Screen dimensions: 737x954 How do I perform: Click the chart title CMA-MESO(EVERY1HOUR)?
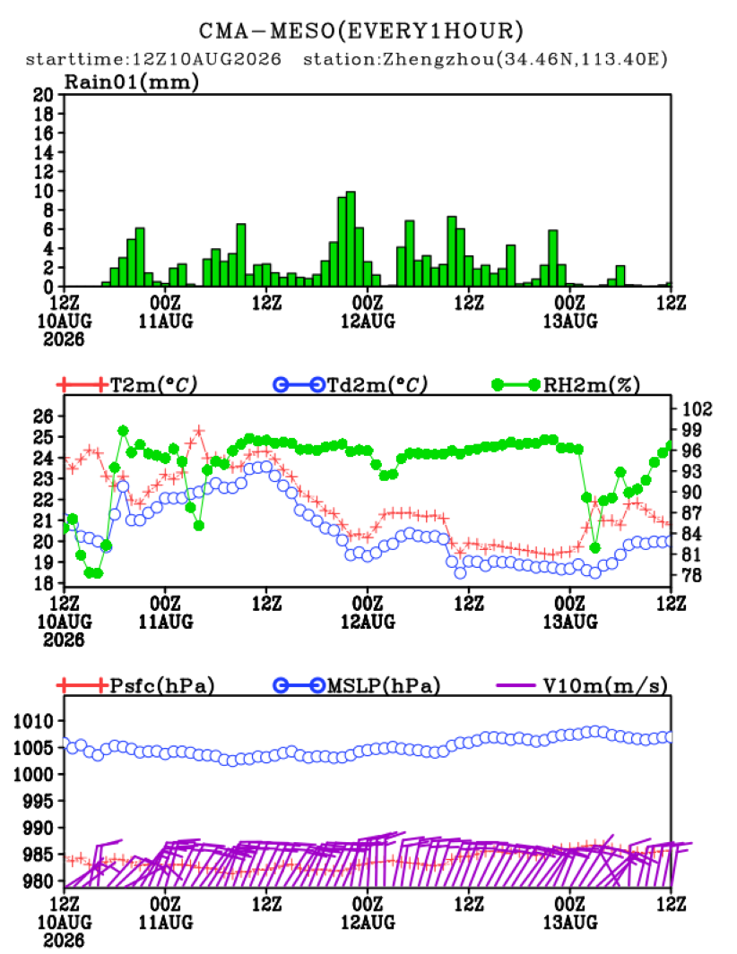[361, 30]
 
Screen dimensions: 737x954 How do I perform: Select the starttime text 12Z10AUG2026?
[206, 59]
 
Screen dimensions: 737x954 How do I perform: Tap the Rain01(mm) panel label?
[132, 82]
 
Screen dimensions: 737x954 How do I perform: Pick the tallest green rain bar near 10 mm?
[351, 239]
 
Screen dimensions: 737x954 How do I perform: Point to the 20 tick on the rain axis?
[44, 94]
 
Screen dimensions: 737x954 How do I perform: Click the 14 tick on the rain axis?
[44, 152]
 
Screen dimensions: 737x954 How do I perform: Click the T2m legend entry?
[127, 384]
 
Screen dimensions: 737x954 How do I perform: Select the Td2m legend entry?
[351, 384]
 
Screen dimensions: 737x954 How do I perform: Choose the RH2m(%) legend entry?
[566, 384]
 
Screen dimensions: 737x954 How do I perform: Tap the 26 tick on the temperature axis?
[44, 417]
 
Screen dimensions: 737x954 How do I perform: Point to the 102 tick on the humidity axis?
[697, 408]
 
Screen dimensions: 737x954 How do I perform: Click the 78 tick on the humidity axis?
[691, 575]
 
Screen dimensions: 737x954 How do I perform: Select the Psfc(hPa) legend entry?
[135, 685]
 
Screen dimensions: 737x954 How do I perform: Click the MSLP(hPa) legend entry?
[357, 685]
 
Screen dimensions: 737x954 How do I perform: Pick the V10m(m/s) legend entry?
[582, 685]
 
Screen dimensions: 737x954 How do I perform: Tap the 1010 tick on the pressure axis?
[34, 721]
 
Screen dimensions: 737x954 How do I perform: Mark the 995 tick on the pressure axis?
[39, 802]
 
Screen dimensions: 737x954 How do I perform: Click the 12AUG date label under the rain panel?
[368, 322]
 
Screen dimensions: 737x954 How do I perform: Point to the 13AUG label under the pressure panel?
[570, 923]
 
